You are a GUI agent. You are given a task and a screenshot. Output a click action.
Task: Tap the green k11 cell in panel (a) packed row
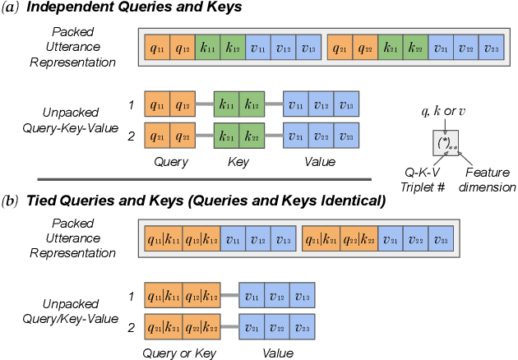tap(208, 49)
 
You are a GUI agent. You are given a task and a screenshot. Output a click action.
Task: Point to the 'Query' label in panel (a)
tap(171, 162)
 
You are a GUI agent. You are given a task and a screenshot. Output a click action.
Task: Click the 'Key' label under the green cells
tap(238, 162)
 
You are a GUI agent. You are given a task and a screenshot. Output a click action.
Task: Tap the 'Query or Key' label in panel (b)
tap(179, 353)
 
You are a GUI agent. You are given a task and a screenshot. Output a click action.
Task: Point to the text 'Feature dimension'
tap(488, 181)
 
